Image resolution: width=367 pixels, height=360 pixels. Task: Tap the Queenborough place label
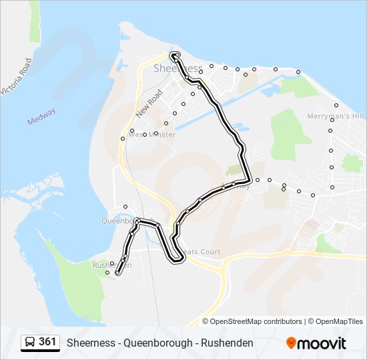[119, 220]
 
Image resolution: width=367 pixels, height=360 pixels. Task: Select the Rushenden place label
[111, 265]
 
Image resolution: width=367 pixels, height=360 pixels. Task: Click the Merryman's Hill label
[336, 117]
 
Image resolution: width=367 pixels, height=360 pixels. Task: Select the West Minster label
[151, 135]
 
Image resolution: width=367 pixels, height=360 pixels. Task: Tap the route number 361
[47, 342]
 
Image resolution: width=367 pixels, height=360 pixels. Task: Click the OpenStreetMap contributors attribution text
[256, 321]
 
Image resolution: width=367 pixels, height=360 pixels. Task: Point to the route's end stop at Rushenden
[117, 273]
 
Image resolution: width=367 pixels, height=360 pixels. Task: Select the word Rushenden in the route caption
[225, 343]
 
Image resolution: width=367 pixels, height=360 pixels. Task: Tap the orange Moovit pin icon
[291, 343]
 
